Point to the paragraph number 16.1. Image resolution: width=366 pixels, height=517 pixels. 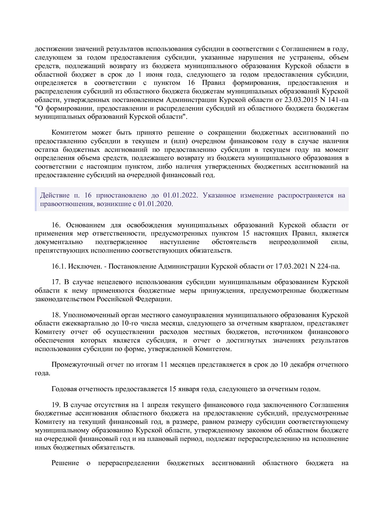(x=58, y=266)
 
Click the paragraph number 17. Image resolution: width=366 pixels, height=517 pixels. (x=56, y=282)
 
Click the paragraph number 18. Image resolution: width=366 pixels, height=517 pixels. (x=56, y=315)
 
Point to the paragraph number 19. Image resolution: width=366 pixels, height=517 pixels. (x=56, y=405)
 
